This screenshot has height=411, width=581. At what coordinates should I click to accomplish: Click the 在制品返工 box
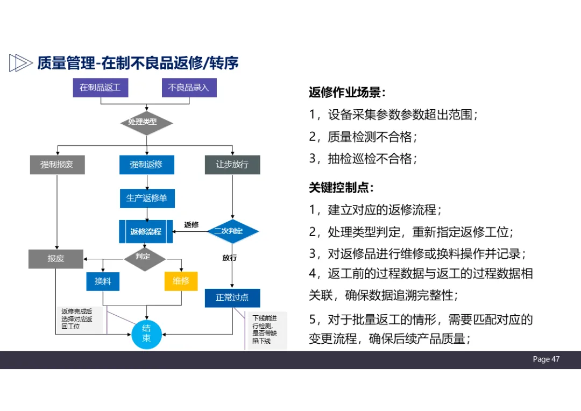pyautogui.click(x=100, y=88)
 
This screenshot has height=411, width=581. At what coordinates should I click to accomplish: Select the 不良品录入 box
pyautogui.click(x=189, y=88)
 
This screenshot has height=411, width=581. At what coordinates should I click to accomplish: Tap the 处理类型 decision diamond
pyautogui.click(x=146, y=123)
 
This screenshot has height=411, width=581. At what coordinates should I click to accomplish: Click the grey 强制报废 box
pyautogui.click(x=57, y=165)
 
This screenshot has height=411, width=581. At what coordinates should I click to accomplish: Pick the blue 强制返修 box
pyautogui.click(x=146, y=165)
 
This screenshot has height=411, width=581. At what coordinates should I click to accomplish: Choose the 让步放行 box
pyautogui.click(x=232, y=165)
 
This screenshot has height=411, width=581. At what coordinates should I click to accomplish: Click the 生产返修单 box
pyautogui.click(x=147, y=198)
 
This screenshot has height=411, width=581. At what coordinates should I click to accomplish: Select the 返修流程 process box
pyautogui.click(x=146, y=232)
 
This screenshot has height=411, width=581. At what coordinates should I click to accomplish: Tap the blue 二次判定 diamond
pyautogui.click(x=232, y=231)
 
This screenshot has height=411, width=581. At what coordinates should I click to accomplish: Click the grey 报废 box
pyautogui.click(x=56, y=259)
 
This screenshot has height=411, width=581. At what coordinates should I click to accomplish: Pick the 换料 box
pyautogui.click(x=103, y=281)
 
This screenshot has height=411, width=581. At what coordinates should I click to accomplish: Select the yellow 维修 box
pyautogui.click(x=181, y=281)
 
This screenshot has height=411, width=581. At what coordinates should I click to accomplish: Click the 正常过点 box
pyautogui.click(x=232, y=297)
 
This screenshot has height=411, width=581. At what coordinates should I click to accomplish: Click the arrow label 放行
pyautogui.click(x=230, y=258)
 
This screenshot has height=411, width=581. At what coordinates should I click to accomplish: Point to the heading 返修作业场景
pyautogui.click(x=347, y=93)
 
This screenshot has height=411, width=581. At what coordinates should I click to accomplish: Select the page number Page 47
pyautogui.click(x=546, y=359)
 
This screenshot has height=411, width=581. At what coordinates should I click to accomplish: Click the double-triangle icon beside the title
pyautogui.click(x=20, y=63)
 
